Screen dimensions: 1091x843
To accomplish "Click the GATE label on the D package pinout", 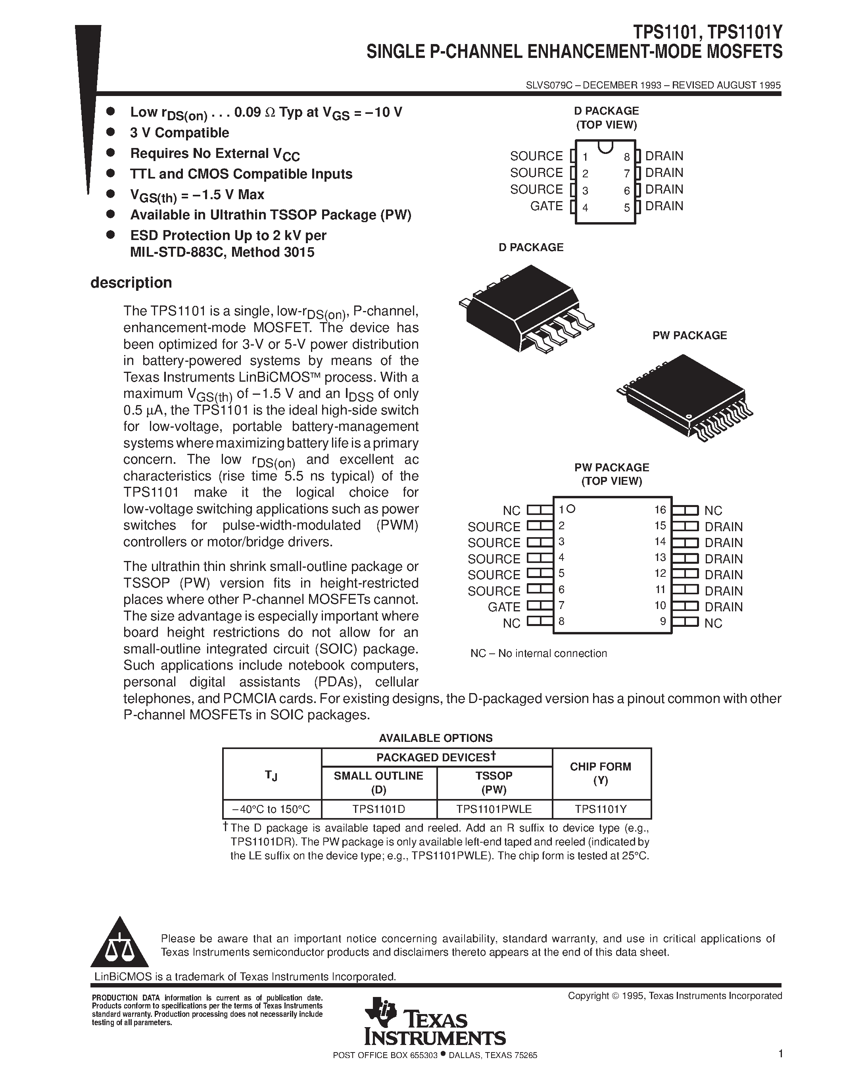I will coord(546,206).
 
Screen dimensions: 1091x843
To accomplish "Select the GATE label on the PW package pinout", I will coord(504,607).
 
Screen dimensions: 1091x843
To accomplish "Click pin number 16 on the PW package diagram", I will coord(660,509).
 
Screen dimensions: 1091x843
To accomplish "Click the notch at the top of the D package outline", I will coord(605,146).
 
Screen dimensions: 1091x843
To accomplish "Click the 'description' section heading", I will coord(131,283).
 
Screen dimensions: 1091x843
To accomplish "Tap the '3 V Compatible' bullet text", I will coord(179,133).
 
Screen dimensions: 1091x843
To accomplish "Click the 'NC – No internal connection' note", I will coord(538,653).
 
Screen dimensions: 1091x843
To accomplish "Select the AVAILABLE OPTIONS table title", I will coord(436,738).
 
